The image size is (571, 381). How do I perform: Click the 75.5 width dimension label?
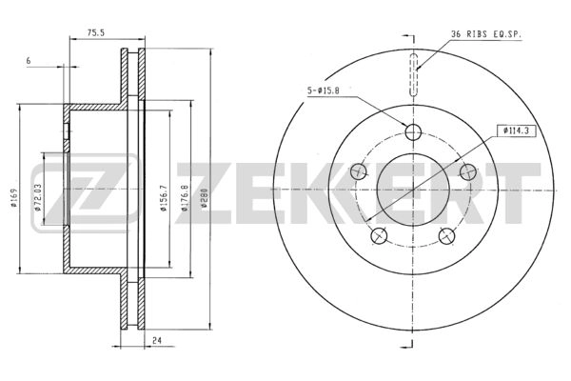click(x=96, y=32)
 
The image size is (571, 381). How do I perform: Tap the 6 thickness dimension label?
click(x=29, y=61)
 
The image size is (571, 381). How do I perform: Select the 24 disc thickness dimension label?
click(x=157, y=341)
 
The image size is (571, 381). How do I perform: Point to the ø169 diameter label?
click(x=14, y=197)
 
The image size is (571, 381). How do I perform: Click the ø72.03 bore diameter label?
click(x=37, y=197)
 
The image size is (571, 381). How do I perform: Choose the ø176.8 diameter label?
click(x=184, y=197)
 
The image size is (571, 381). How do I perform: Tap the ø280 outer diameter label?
click(x=205, y=198)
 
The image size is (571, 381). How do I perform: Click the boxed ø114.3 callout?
click(x=517, y=130)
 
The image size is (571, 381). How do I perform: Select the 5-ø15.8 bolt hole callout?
click(x=323, y=90)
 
